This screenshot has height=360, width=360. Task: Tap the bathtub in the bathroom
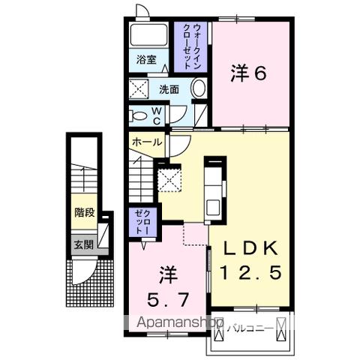[150, 35]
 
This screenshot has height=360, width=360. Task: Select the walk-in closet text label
[191, 46]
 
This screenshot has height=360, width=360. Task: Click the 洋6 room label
[248, 73]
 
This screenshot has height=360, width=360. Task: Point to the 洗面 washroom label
[169, 90]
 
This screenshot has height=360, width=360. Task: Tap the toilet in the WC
[139, 115]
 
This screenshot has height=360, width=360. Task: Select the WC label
[157, 115]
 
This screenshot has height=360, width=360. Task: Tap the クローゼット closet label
[142, 223]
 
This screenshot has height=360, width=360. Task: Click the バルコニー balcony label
[248, 328]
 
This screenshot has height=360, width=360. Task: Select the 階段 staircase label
[84, 212]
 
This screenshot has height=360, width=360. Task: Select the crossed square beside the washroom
[140, 90]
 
